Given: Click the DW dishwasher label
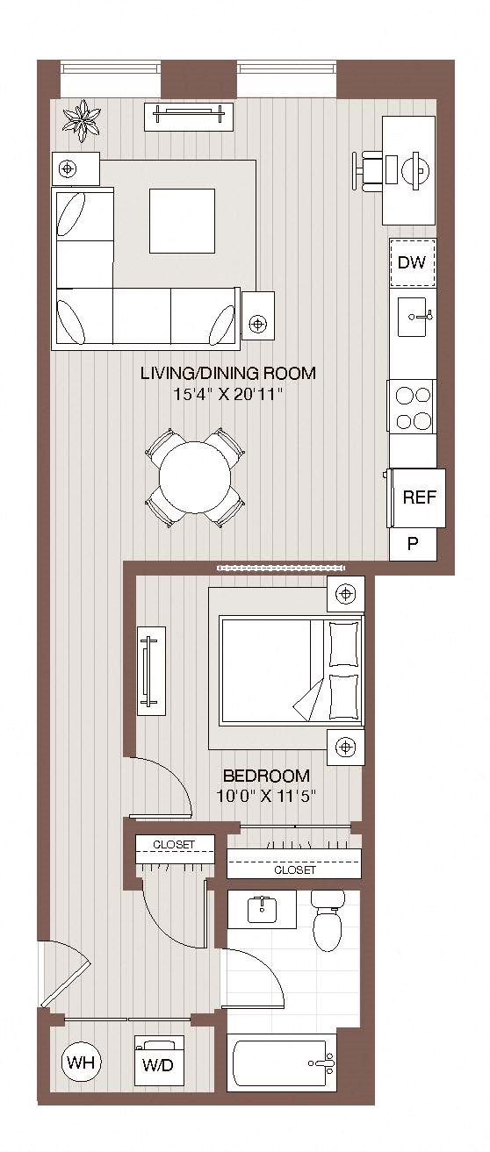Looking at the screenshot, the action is (412, 262).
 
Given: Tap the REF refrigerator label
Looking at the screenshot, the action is (420, 497).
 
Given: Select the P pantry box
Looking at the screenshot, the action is (413, 544).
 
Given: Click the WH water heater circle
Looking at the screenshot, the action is (82, 1062).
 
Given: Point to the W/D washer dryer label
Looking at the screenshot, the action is (158, 1065).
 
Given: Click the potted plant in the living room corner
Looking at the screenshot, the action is (82, 121).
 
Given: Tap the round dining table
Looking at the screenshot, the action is (195, 476).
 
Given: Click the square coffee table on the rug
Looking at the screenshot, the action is (182, 221).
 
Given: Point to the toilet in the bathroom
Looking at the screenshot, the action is (328, 921).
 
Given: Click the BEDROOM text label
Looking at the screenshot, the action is (266, 775).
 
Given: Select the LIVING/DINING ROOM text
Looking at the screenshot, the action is (228, 372).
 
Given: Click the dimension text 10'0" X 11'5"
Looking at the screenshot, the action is (265, 796).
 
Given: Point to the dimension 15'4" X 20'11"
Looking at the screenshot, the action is (228, 395).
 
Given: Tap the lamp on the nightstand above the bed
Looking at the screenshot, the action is (345, 594).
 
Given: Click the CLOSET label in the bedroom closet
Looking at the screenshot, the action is (295, 869).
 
